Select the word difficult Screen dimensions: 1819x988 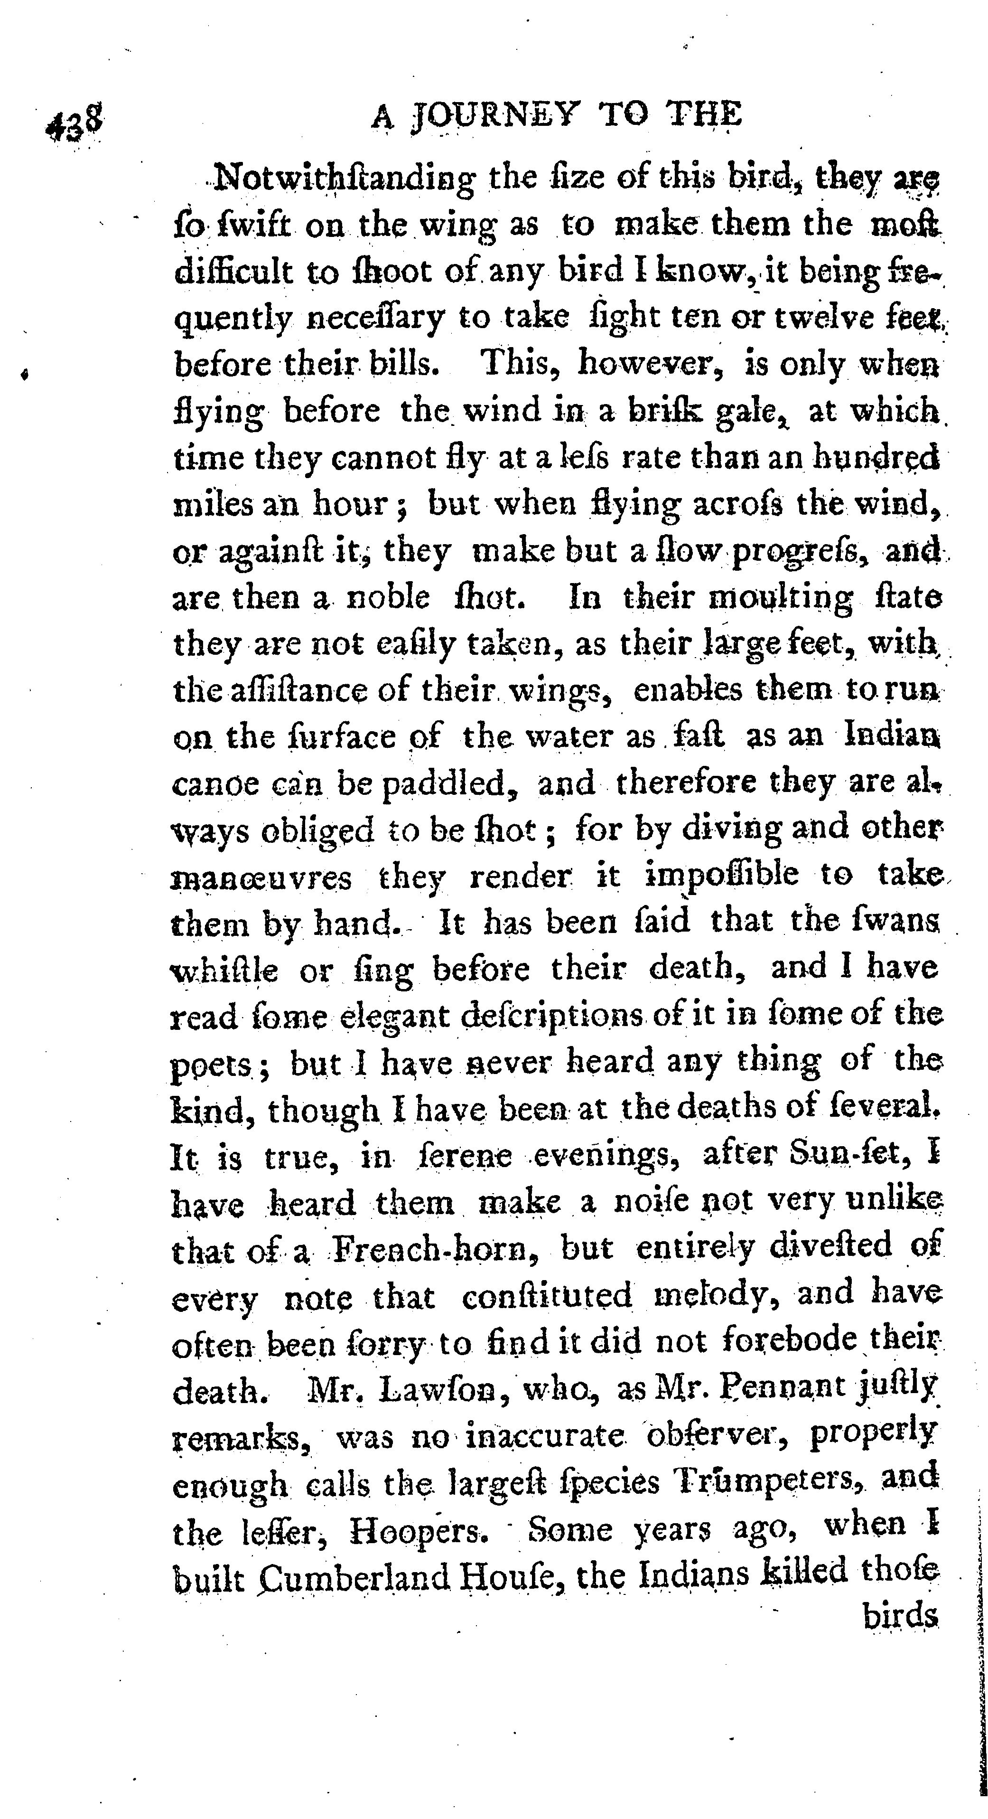pos(233,272)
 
